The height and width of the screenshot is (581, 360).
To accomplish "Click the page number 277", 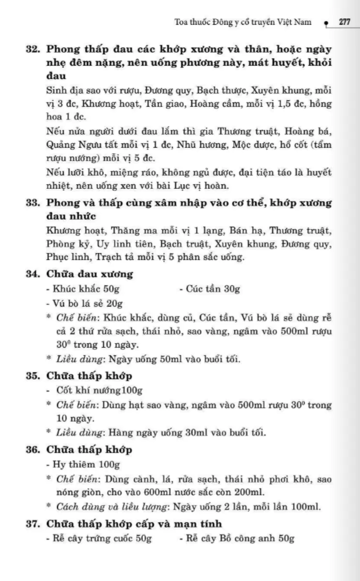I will pos(345,22).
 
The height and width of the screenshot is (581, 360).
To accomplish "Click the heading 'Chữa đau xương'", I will pos(90,274).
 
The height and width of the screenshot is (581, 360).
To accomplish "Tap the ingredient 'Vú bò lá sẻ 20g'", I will pos(83,304).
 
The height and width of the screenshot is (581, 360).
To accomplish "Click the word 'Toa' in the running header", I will pos(180,22).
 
